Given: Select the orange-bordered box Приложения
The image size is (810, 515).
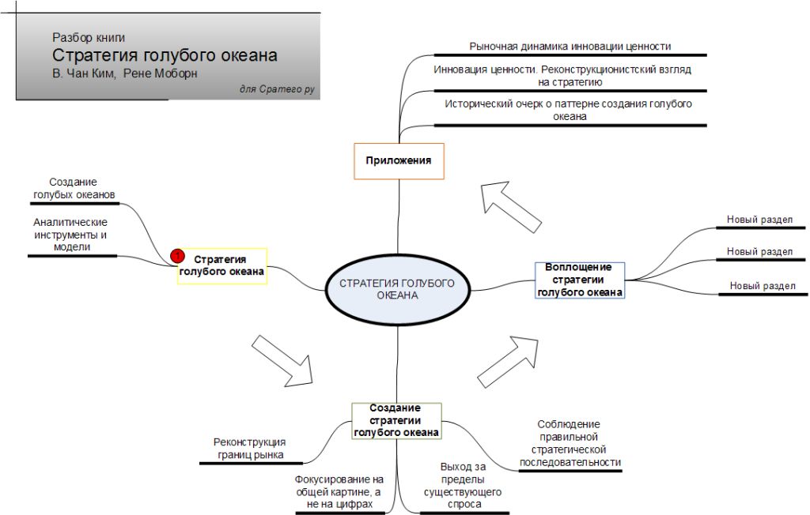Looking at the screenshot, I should (x=398, y=161).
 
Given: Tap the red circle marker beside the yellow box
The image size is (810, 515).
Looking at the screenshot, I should (x=178, y=256).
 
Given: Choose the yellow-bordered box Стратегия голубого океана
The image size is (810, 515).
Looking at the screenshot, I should (x=221, y=266).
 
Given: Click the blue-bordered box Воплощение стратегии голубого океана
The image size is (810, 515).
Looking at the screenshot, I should (x=580, y=280).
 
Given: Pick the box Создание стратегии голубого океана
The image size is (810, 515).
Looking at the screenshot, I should (x=396, y=420).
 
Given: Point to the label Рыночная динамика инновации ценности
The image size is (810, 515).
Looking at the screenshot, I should (x=570, y=47).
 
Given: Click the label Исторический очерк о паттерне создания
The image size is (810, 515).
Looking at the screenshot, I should (x=569, y=110).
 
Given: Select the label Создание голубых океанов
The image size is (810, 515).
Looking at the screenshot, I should (x=74, y=187).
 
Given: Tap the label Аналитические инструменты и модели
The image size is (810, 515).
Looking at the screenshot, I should (x=70, y=235).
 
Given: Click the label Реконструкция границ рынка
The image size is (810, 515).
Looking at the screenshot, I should (x=250, y=448).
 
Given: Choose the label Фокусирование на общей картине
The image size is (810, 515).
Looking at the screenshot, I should (x=339, y=491).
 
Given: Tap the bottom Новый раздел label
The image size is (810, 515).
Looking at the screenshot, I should (x=763, y=286).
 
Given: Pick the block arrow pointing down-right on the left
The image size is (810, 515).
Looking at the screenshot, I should (x=282, y=360).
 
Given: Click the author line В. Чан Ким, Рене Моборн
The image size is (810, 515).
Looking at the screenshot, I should (x=125, y=73).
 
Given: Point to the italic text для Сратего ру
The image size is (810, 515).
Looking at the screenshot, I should (x=277, y=89).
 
